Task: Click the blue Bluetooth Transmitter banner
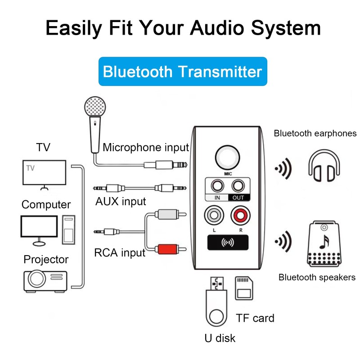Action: click(182, 72)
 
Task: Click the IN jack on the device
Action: click(218, 186)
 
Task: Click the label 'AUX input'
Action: click(121, 201)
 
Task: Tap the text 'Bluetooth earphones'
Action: click(315, 133)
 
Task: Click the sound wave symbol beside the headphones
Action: click(283, 169)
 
